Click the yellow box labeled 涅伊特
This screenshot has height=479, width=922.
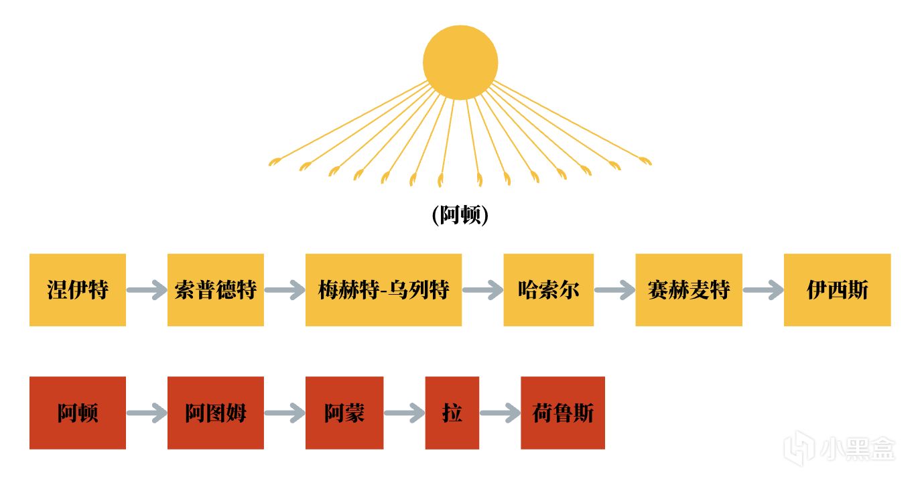[x=78, y=290]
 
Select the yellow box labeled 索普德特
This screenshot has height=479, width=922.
[x=215, y=290]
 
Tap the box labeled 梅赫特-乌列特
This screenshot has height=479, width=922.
[x=383, y=290]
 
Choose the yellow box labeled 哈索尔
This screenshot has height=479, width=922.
[x=548, y=290]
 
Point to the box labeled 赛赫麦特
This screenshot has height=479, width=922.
[x=688, y=290]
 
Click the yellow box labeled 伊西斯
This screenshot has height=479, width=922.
[x=837, y=290]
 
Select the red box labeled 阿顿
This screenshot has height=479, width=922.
[x=78, y=413]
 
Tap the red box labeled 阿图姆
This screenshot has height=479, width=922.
[x=215, y=413]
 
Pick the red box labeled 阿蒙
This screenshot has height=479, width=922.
[x=344, y=413]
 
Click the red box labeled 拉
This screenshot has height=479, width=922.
[x=452, y=413]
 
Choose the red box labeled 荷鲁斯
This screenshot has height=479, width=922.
[x=562, y=413]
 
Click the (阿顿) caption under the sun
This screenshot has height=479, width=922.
[x=460, y=215]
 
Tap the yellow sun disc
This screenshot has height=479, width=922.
[x=460, y=62]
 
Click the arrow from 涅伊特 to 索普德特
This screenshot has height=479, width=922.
[x=147, y=290]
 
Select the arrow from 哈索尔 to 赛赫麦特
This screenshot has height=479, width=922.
[x=614, y=290]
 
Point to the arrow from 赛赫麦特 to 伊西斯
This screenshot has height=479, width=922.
[x=763, y=290]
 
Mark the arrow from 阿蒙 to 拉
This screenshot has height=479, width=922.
[x=404, y=413]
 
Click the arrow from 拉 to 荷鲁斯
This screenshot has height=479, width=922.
[x=500, y=413]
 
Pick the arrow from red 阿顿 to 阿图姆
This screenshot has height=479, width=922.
[x=147, y=413]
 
